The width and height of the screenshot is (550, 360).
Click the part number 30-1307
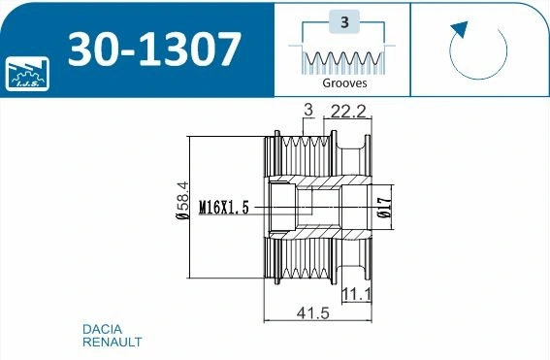click(x=154, y=49)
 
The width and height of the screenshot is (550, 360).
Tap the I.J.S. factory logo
click(x=27, y=74)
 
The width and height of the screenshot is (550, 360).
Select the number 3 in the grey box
click(x=344, y=22)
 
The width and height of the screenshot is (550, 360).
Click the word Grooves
click(x=344, y=83)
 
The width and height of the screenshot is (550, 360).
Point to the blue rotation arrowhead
click(x=460, y=29)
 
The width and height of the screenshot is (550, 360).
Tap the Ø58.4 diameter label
click(x=182, y=200)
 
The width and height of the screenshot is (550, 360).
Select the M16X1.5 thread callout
click(x=224, y=207)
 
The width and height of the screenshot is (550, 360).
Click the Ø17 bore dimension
click(x=384, y=208)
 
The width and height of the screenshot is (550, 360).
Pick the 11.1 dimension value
click(x=356, y=294)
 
